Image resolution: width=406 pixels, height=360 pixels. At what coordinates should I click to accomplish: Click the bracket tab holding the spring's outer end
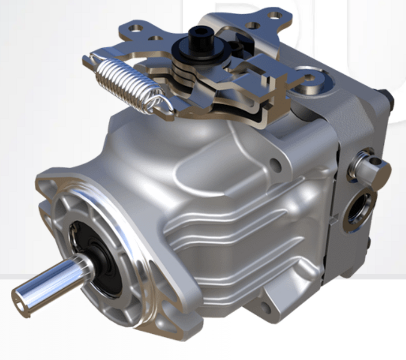coord(89,60)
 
